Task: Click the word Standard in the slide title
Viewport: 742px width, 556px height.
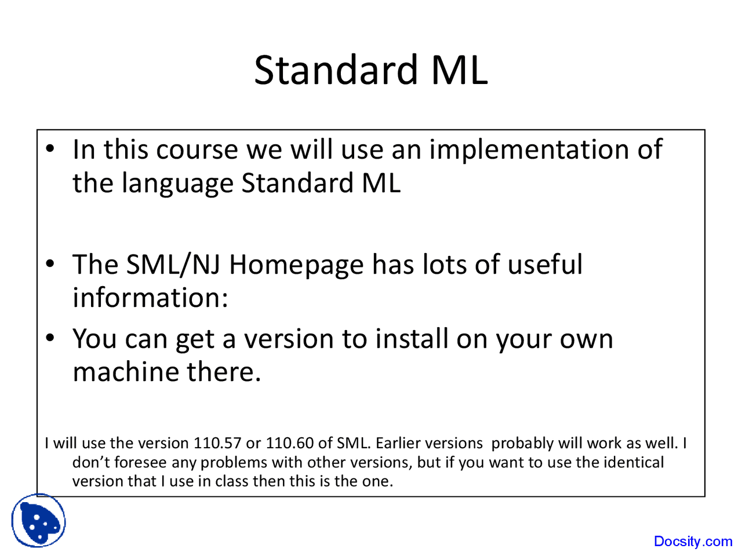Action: click(x=336, y=70)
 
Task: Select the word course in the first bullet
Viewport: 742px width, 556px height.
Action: click(x=197, y=150)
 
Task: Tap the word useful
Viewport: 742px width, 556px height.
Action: click(x=545, y=264)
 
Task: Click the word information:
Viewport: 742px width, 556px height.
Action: click(x=150, y=298)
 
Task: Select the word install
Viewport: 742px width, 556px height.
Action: click(x=412, y=339)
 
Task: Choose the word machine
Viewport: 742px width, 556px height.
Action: click(x=126, y=372)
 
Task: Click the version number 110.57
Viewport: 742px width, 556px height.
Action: click(x=217, y=443)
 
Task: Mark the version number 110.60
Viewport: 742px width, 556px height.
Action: click(x=290, y=443)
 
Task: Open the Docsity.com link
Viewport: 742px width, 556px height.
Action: click(x=693, y=542)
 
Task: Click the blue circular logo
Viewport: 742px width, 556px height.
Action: click(x=38, y=521)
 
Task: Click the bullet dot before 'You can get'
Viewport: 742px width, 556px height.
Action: click(x=50, y=338)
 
